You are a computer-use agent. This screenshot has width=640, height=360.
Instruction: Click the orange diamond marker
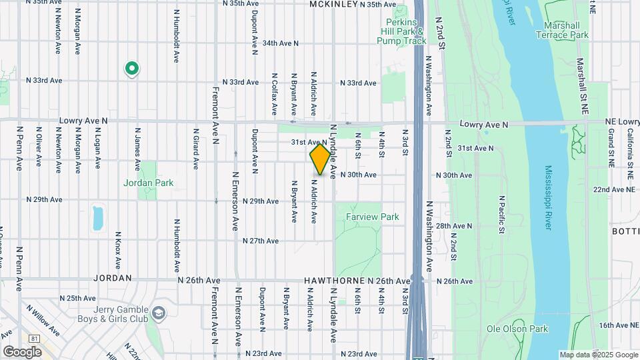point(321,160)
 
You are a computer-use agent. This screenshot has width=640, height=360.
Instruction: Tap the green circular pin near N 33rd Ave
point(132,68)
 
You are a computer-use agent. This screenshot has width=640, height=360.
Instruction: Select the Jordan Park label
point(148,183)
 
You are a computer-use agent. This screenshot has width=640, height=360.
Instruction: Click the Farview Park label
point(372,217)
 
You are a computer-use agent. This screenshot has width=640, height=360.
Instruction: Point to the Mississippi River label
point(547,197)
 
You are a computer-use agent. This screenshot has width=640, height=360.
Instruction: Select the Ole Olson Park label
point(517,329)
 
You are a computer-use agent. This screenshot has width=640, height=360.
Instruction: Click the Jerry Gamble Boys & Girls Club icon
point(159,312)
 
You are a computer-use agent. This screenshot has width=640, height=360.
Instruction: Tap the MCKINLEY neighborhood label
point(334,4)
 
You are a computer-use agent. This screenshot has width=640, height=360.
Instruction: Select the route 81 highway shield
point(35,339)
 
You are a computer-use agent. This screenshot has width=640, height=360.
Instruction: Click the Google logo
point(22,351)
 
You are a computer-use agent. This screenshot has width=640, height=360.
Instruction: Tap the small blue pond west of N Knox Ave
point(99,217)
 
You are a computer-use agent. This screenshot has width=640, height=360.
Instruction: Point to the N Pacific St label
point(502,215)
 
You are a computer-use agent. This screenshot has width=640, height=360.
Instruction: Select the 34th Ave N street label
point(281,43)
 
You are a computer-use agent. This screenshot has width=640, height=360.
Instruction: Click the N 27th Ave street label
point(261,241)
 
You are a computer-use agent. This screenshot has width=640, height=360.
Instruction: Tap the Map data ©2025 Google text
point(598,355)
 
